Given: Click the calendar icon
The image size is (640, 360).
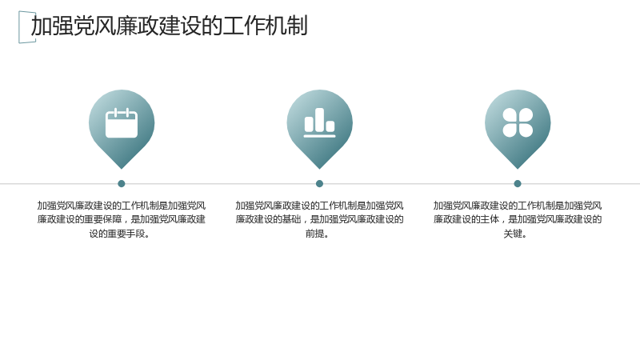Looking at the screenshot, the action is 122,123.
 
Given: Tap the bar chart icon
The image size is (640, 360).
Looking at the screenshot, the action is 319,122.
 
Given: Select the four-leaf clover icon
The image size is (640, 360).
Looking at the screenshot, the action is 518,122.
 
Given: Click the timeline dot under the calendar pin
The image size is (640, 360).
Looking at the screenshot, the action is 122,184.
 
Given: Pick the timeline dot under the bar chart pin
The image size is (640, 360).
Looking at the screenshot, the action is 319,184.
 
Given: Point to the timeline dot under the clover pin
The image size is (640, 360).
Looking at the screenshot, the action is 518,184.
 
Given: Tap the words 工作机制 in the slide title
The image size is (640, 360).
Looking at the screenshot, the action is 265,26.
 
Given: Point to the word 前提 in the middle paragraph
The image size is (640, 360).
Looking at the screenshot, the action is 314,234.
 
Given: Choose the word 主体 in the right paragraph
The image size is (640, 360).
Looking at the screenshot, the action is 490,219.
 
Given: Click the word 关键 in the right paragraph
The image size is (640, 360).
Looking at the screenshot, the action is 513,234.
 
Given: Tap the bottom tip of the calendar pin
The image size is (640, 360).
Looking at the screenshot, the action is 122,169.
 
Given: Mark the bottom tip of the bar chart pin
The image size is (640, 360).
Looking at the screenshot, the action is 319,169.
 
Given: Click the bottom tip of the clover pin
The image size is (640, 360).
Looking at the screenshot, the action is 518,169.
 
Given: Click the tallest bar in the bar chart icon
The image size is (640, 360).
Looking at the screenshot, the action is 319,120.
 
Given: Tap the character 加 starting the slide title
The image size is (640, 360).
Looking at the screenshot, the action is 42,26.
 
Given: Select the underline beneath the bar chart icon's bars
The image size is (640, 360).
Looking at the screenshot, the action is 319,136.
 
